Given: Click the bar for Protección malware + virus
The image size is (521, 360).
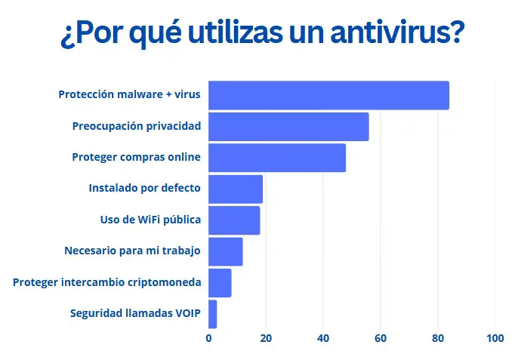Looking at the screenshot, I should tap(328, 95).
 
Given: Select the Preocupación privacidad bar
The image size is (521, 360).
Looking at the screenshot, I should tap(288, 126).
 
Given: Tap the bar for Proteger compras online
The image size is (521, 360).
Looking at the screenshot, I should tap(277, 158).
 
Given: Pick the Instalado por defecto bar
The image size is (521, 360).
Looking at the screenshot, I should tap(236, 189).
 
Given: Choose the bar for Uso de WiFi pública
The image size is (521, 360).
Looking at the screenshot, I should tap(234, 220).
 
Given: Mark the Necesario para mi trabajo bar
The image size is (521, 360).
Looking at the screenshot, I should tap(226, 251).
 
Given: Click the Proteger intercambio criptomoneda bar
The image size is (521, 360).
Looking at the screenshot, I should tap(220, 282).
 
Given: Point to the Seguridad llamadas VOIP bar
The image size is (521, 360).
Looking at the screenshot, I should tap(213, 314).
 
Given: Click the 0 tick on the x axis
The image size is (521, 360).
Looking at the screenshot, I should tap(208, 339).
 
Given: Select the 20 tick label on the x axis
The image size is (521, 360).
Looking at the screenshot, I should tap(266, 339).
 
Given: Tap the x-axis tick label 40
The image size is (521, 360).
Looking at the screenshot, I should tap(323, 339).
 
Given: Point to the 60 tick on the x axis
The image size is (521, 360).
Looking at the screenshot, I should tap(381, 339).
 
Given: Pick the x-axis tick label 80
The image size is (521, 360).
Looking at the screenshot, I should tap(438, 339).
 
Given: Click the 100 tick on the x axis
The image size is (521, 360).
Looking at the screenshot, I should tap(495, 339).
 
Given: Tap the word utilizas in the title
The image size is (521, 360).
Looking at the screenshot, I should tap(210, 34).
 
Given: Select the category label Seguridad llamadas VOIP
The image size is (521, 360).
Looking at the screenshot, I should tap(135, 313).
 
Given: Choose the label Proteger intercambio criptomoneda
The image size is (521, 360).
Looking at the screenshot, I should tap(106, 282).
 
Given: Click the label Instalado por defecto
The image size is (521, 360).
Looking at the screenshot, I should tap(144, 189).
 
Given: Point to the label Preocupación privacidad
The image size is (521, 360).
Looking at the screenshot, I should tap(136, 126).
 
